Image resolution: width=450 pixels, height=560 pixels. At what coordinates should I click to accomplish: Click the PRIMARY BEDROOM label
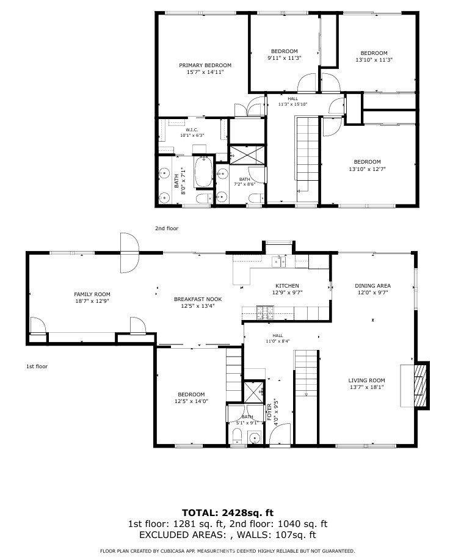tap(205, 65)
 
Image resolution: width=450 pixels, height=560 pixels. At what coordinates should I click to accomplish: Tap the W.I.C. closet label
tap(192, 129)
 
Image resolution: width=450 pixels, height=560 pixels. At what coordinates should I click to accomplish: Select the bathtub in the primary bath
tap(203, 172)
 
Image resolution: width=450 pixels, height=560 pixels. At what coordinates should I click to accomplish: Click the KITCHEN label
tap(287, 286)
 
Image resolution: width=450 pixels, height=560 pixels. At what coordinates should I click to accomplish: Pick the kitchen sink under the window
tap(278, 261)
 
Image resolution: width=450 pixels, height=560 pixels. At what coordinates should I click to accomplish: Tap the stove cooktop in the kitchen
tap(264, 313)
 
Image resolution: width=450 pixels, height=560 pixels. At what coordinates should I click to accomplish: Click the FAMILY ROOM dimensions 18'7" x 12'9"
tap(92, 301)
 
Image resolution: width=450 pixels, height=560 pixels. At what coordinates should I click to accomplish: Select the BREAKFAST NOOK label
tap(198, 299)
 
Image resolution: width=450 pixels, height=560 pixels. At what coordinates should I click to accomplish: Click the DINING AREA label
tap(372, 286)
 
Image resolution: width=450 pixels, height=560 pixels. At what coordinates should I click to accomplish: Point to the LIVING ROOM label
tap(366, 380)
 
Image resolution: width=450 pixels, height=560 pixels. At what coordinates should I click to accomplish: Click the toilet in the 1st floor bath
tap(237, 436)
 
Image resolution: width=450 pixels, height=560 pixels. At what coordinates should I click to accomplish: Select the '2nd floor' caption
tap(167, 228)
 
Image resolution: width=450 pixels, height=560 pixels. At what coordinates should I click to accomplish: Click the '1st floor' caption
tap(37, 366)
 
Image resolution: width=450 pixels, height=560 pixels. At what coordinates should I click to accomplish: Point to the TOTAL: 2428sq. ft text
tap(228, 513)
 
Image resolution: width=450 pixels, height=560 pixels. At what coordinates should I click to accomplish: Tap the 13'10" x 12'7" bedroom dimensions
tap(367, 169)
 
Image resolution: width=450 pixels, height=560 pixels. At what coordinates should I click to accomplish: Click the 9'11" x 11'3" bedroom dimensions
tap(285, 58)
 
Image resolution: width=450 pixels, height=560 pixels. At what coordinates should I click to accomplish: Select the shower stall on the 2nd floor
tap(247, 155)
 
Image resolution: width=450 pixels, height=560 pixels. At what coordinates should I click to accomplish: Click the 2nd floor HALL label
tap(293, 98)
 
